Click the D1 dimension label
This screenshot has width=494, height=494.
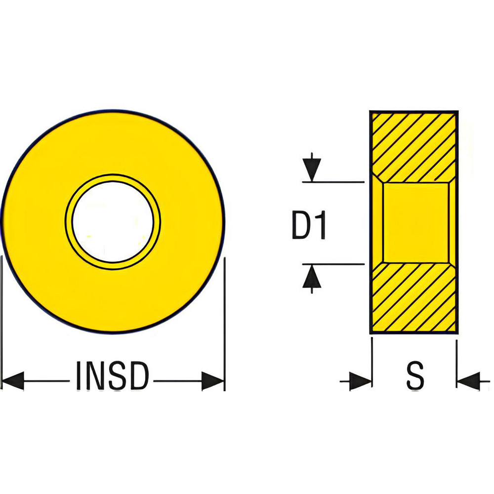coord(309,225)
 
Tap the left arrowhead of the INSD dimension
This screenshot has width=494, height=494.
coord(13,381)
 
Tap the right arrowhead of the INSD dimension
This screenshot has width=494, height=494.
coord(213,381)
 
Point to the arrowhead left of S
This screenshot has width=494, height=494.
coord(360,381)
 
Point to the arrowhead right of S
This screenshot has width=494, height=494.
coord(467,381)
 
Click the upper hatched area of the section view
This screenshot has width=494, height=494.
coord(414,146)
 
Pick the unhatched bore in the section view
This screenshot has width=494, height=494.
coord(415,222)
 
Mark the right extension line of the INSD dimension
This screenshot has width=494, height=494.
coord(225,321)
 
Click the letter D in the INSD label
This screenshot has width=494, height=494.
coord(138,376)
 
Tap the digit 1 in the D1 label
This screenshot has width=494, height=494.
coord(321,225)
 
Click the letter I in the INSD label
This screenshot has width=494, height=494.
coord(80,376)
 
